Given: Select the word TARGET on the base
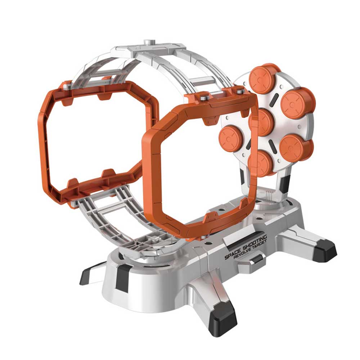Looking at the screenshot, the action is tap(260, 246).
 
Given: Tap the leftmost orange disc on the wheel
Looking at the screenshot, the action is tap(231, 138).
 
